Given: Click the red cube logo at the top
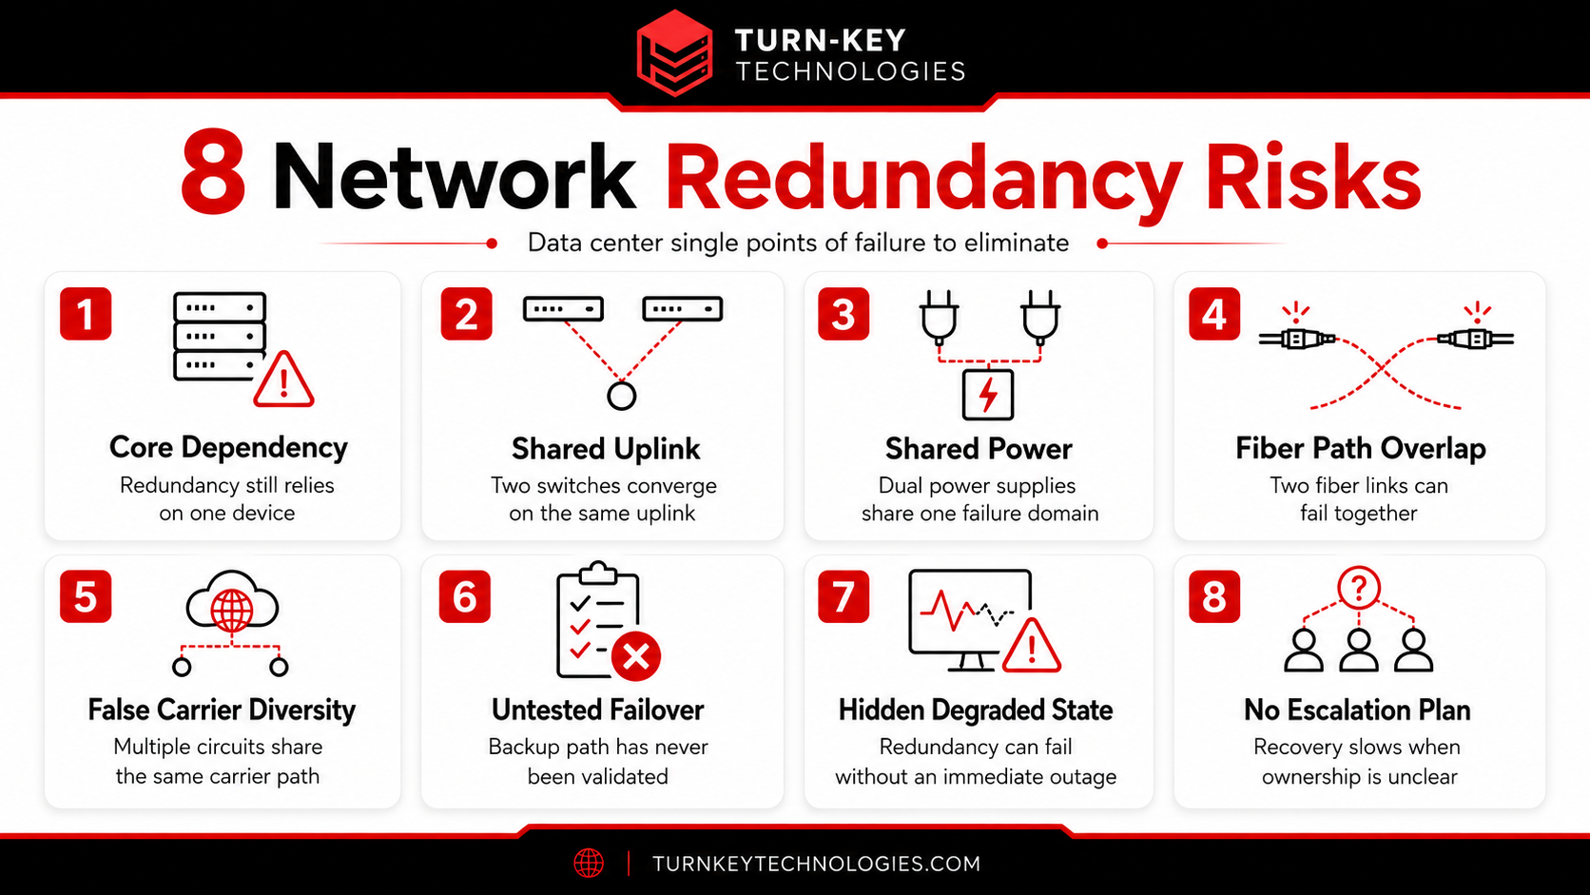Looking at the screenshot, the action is tap(674, 53).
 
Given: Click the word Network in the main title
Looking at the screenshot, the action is tap(454, 177).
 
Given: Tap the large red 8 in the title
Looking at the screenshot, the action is tap(213, 172).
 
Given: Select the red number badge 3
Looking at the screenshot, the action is tap(843, 314).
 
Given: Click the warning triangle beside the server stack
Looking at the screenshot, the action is tap(284, 379).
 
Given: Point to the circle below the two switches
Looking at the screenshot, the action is tap(621, 396).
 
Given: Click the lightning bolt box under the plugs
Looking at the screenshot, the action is tap(988, 395).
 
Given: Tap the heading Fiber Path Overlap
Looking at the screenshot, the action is tap(1360, 448).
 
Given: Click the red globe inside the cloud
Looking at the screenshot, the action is tap(231, 610).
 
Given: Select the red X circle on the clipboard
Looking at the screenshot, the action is tap(636, 656).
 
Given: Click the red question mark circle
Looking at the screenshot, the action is tap(1359, 588).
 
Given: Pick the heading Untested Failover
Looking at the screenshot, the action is tap(597, 710).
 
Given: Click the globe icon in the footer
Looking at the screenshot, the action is tap(589, 863).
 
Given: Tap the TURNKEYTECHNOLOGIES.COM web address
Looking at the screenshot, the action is tap(816, 864).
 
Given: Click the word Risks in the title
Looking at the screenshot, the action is tap(1313, 177).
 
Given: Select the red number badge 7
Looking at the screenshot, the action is tap(843, 597).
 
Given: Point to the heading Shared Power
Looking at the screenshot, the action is tap(979, 449).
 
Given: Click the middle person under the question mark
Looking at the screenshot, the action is tap(1359, 651).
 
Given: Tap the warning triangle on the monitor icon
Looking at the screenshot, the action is tap(1032, 646).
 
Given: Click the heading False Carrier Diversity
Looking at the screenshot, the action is tap(222, 710).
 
